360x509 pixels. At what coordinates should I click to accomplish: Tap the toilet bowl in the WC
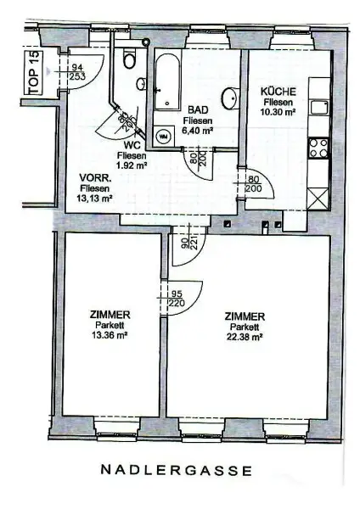130,59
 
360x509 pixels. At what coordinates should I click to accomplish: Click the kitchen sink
319,107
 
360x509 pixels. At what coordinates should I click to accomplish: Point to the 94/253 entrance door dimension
76,72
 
